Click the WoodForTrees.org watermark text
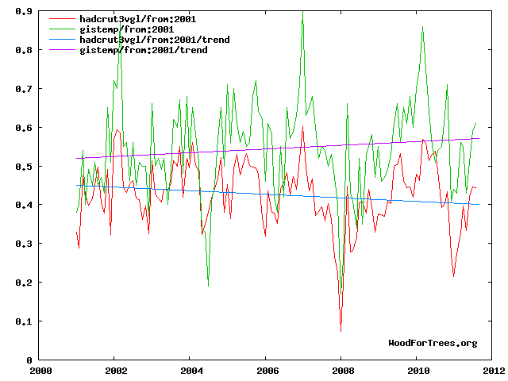tap(433, 343)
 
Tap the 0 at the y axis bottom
tap(29, 360)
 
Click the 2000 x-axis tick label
tap(40, 371)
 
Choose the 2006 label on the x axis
tap(267, 371)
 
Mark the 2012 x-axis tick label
tap(493, 371)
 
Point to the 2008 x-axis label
tap(342, 371)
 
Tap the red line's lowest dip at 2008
tap(341, 330)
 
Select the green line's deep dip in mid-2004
tap(208, 285)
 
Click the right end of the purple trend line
tap(479, 138)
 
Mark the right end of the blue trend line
tap(479, 204)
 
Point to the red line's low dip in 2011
tap(453, 275)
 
